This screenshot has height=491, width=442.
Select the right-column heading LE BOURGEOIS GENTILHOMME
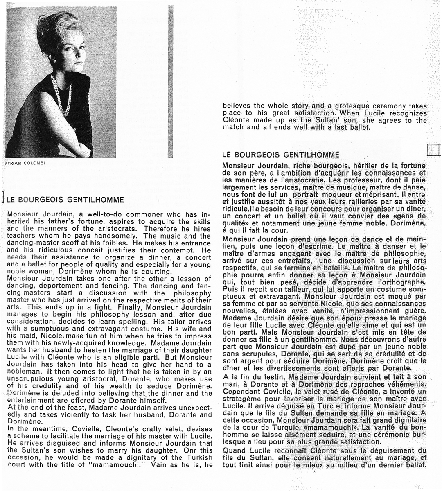click(280, 155)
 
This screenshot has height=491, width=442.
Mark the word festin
click(273, 376)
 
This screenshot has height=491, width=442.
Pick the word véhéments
click(405, 384)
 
